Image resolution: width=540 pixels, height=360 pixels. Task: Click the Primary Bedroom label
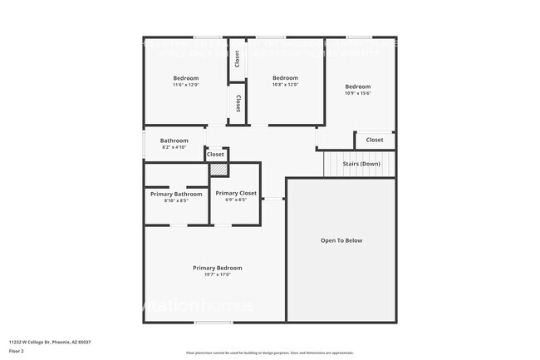click(x=218, y=268)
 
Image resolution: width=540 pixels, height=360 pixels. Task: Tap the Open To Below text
click(x=341, y=240)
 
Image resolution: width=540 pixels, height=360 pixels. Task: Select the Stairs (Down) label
click(x=361, y=164)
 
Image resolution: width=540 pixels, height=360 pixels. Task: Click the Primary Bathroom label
click(x=176, y=194)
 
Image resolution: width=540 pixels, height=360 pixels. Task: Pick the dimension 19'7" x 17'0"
click(x=217, y=275)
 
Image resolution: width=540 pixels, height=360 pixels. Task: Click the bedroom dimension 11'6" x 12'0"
click(x=186, y=85)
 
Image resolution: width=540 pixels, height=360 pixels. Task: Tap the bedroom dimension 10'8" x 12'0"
click(x=285, y=85)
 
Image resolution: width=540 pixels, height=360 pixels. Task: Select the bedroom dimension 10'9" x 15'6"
click(x=357, y=93)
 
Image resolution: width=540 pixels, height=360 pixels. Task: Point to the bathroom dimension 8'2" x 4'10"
click(x=174, y=147)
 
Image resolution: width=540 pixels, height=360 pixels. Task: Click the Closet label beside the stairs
click(x=375, y=140)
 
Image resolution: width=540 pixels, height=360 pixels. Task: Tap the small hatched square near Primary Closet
click(x=218, y=170)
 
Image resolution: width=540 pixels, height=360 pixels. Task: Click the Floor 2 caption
click(x=17, y=352)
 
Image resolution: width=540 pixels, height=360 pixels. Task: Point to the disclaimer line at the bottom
click(x=269, y=353)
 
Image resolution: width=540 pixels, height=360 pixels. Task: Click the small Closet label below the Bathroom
click(x=215, y=154)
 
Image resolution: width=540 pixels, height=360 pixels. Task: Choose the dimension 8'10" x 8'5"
click(x=176, y=200)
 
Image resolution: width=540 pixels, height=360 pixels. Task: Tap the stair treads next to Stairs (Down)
click(x=332, y=164)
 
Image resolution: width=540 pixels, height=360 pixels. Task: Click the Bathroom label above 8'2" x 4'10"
click(x=174, y=141)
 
